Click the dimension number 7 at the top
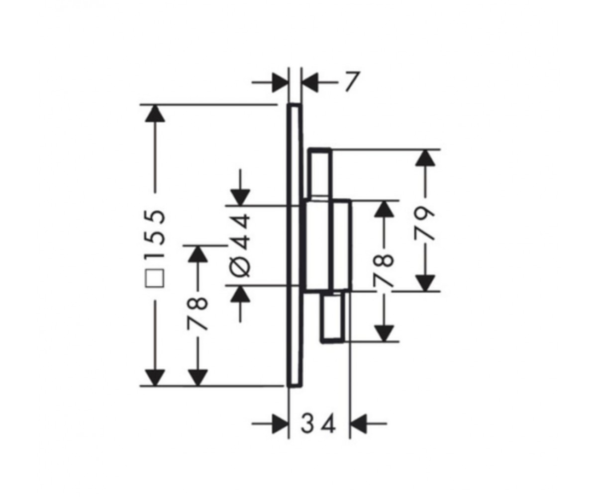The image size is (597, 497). tap(351, 82)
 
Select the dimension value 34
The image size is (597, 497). tap(318, 424)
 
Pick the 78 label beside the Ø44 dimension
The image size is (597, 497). tap(198, 314)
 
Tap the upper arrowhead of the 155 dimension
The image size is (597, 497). tap(155, 114)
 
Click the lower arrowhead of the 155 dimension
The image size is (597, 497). tap(155, 378)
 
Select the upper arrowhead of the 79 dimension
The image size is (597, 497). tap(425, 158)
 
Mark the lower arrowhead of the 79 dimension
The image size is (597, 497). tap(425, 283)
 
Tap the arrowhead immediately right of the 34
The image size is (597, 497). tap(359, 424)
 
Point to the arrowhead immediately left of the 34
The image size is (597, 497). tap(280, 424)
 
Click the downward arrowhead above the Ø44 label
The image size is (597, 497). tap(240, 197)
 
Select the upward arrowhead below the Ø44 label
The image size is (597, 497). tap(240, 294)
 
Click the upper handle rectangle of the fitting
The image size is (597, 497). tap(320, 173)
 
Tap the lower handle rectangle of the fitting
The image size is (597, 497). tap(333, 317)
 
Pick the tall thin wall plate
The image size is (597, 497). tap(294, 245)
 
